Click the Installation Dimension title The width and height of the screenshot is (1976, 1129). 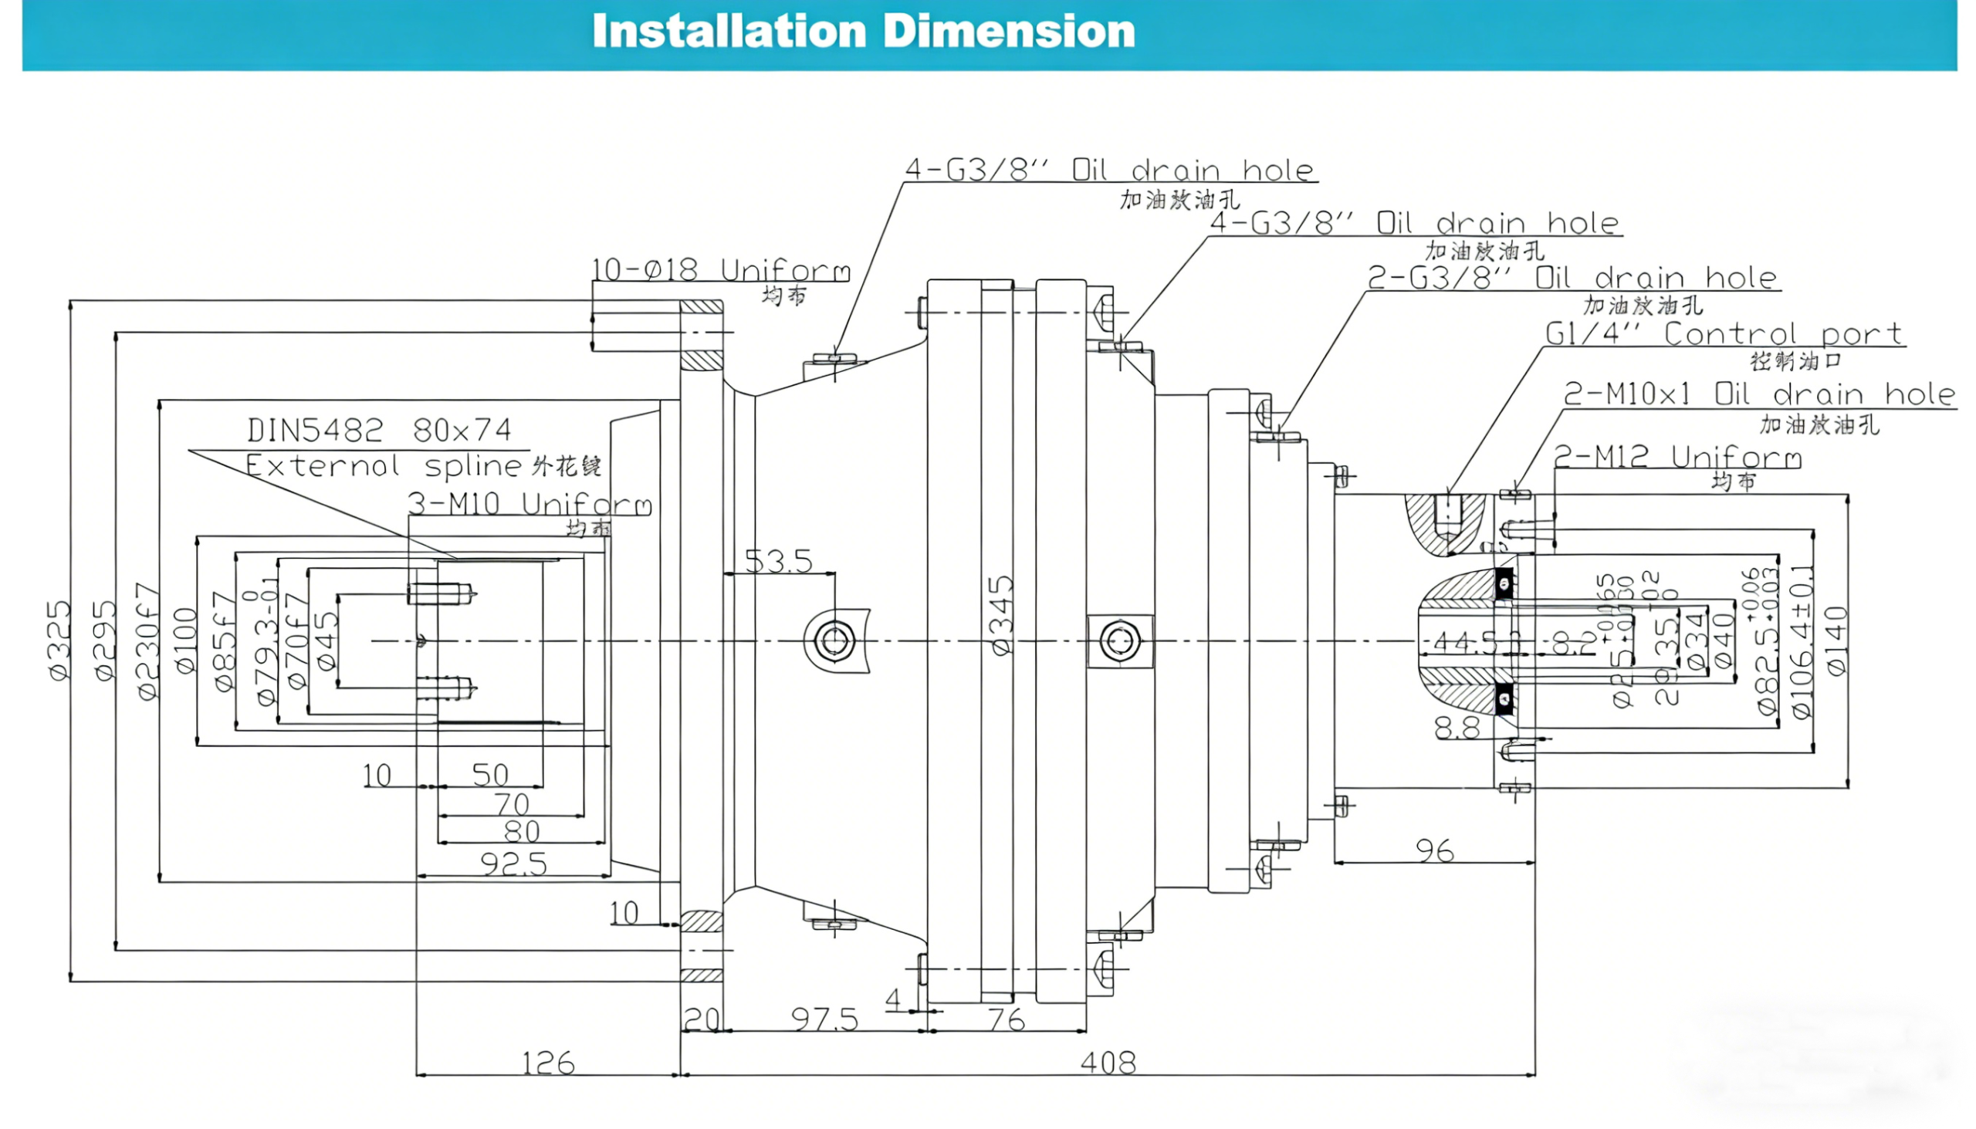(x=863, y=32)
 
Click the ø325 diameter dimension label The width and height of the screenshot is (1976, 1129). (x=59, y=641)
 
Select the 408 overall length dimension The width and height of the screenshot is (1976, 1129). (x=1108, y=1063)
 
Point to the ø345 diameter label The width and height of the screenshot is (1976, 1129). (x=1002, y=615)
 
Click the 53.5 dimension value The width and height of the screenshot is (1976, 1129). (x=778, y=560)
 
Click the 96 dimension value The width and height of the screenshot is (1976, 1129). (x=1434, y=851)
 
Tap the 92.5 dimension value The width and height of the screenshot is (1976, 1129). (x=513, y=864)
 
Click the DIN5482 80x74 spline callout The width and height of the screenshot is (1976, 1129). (x=379, y=430)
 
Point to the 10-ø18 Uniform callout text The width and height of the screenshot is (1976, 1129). (x=720, y=271)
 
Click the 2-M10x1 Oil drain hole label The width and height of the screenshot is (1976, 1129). (x=1758, y=394)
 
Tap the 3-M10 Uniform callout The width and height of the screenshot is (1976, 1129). (x=530, y=504)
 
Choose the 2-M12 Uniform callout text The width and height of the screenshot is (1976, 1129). (x=1678, y=458)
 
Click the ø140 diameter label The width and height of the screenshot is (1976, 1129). (x=1836, y=641)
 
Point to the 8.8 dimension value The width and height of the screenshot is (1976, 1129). (x=1457, y=728)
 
